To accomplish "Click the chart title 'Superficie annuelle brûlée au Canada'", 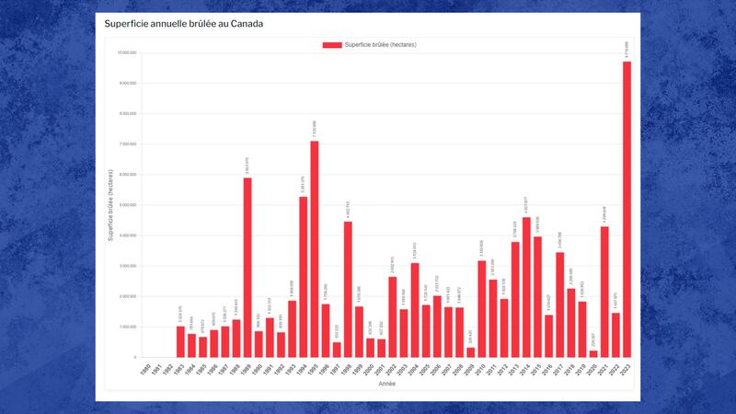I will (184, 24).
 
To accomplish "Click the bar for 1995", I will (314, 248).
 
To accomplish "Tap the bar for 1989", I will (247, 267).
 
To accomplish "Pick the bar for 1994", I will (303, 276).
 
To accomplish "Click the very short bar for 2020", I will (593, 353).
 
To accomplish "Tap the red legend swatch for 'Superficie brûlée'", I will (331, 44).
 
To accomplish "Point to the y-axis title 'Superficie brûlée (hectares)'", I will (110, 204).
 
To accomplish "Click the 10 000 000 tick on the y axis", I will (126, 53).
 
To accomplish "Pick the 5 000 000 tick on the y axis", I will (126, 205).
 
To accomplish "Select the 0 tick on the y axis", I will (134, 357).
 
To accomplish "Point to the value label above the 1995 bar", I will (314, 129).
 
